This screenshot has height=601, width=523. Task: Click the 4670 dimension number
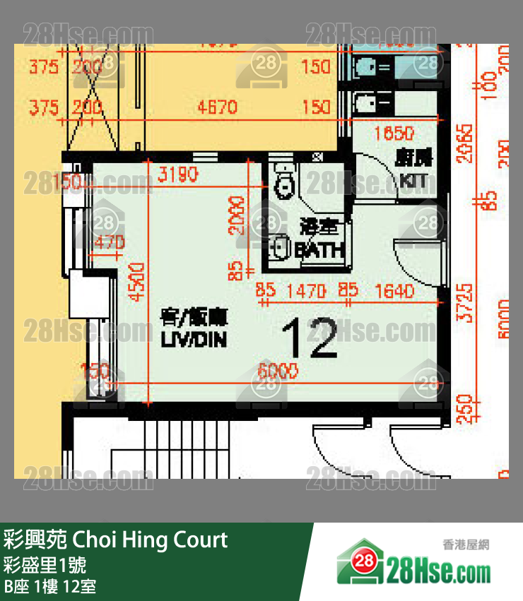pyautogui.click(x=217, y=107)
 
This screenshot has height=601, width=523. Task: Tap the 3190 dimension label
pyautogui.click(x=178, y=174)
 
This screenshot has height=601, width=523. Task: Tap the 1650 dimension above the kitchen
pyautogui.click(x=394, y=133)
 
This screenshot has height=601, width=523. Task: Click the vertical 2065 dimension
pyautogui.click(x=465, y=144)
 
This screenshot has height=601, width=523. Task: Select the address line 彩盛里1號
pyautogui.click(x=45, y=565)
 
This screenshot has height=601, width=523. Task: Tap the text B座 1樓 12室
pyautogui.click(x=50, y=585)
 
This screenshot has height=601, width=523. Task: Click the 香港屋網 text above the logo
pyautogui.click(x=466, y=545)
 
